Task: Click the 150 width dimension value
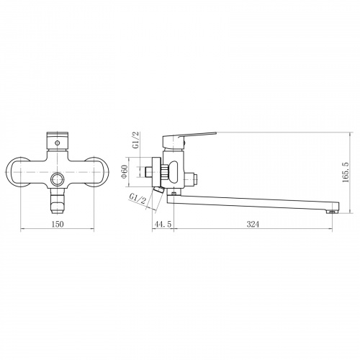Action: click(58, 224)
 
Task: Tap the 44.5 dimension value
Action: click(163, 224)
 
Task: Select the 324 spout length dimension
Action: click(253, 224)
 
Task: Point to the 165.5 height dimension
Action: click(346, 172)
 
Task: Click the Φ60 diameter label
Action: click(124, 172)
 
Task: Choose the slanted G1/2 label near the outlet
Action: click(138, 199)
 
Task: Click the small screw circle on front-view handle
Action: click(57, 143)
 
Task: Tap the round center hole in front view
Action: click(57, 179)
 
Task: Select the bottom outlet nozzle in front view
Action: click(57, 201)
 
